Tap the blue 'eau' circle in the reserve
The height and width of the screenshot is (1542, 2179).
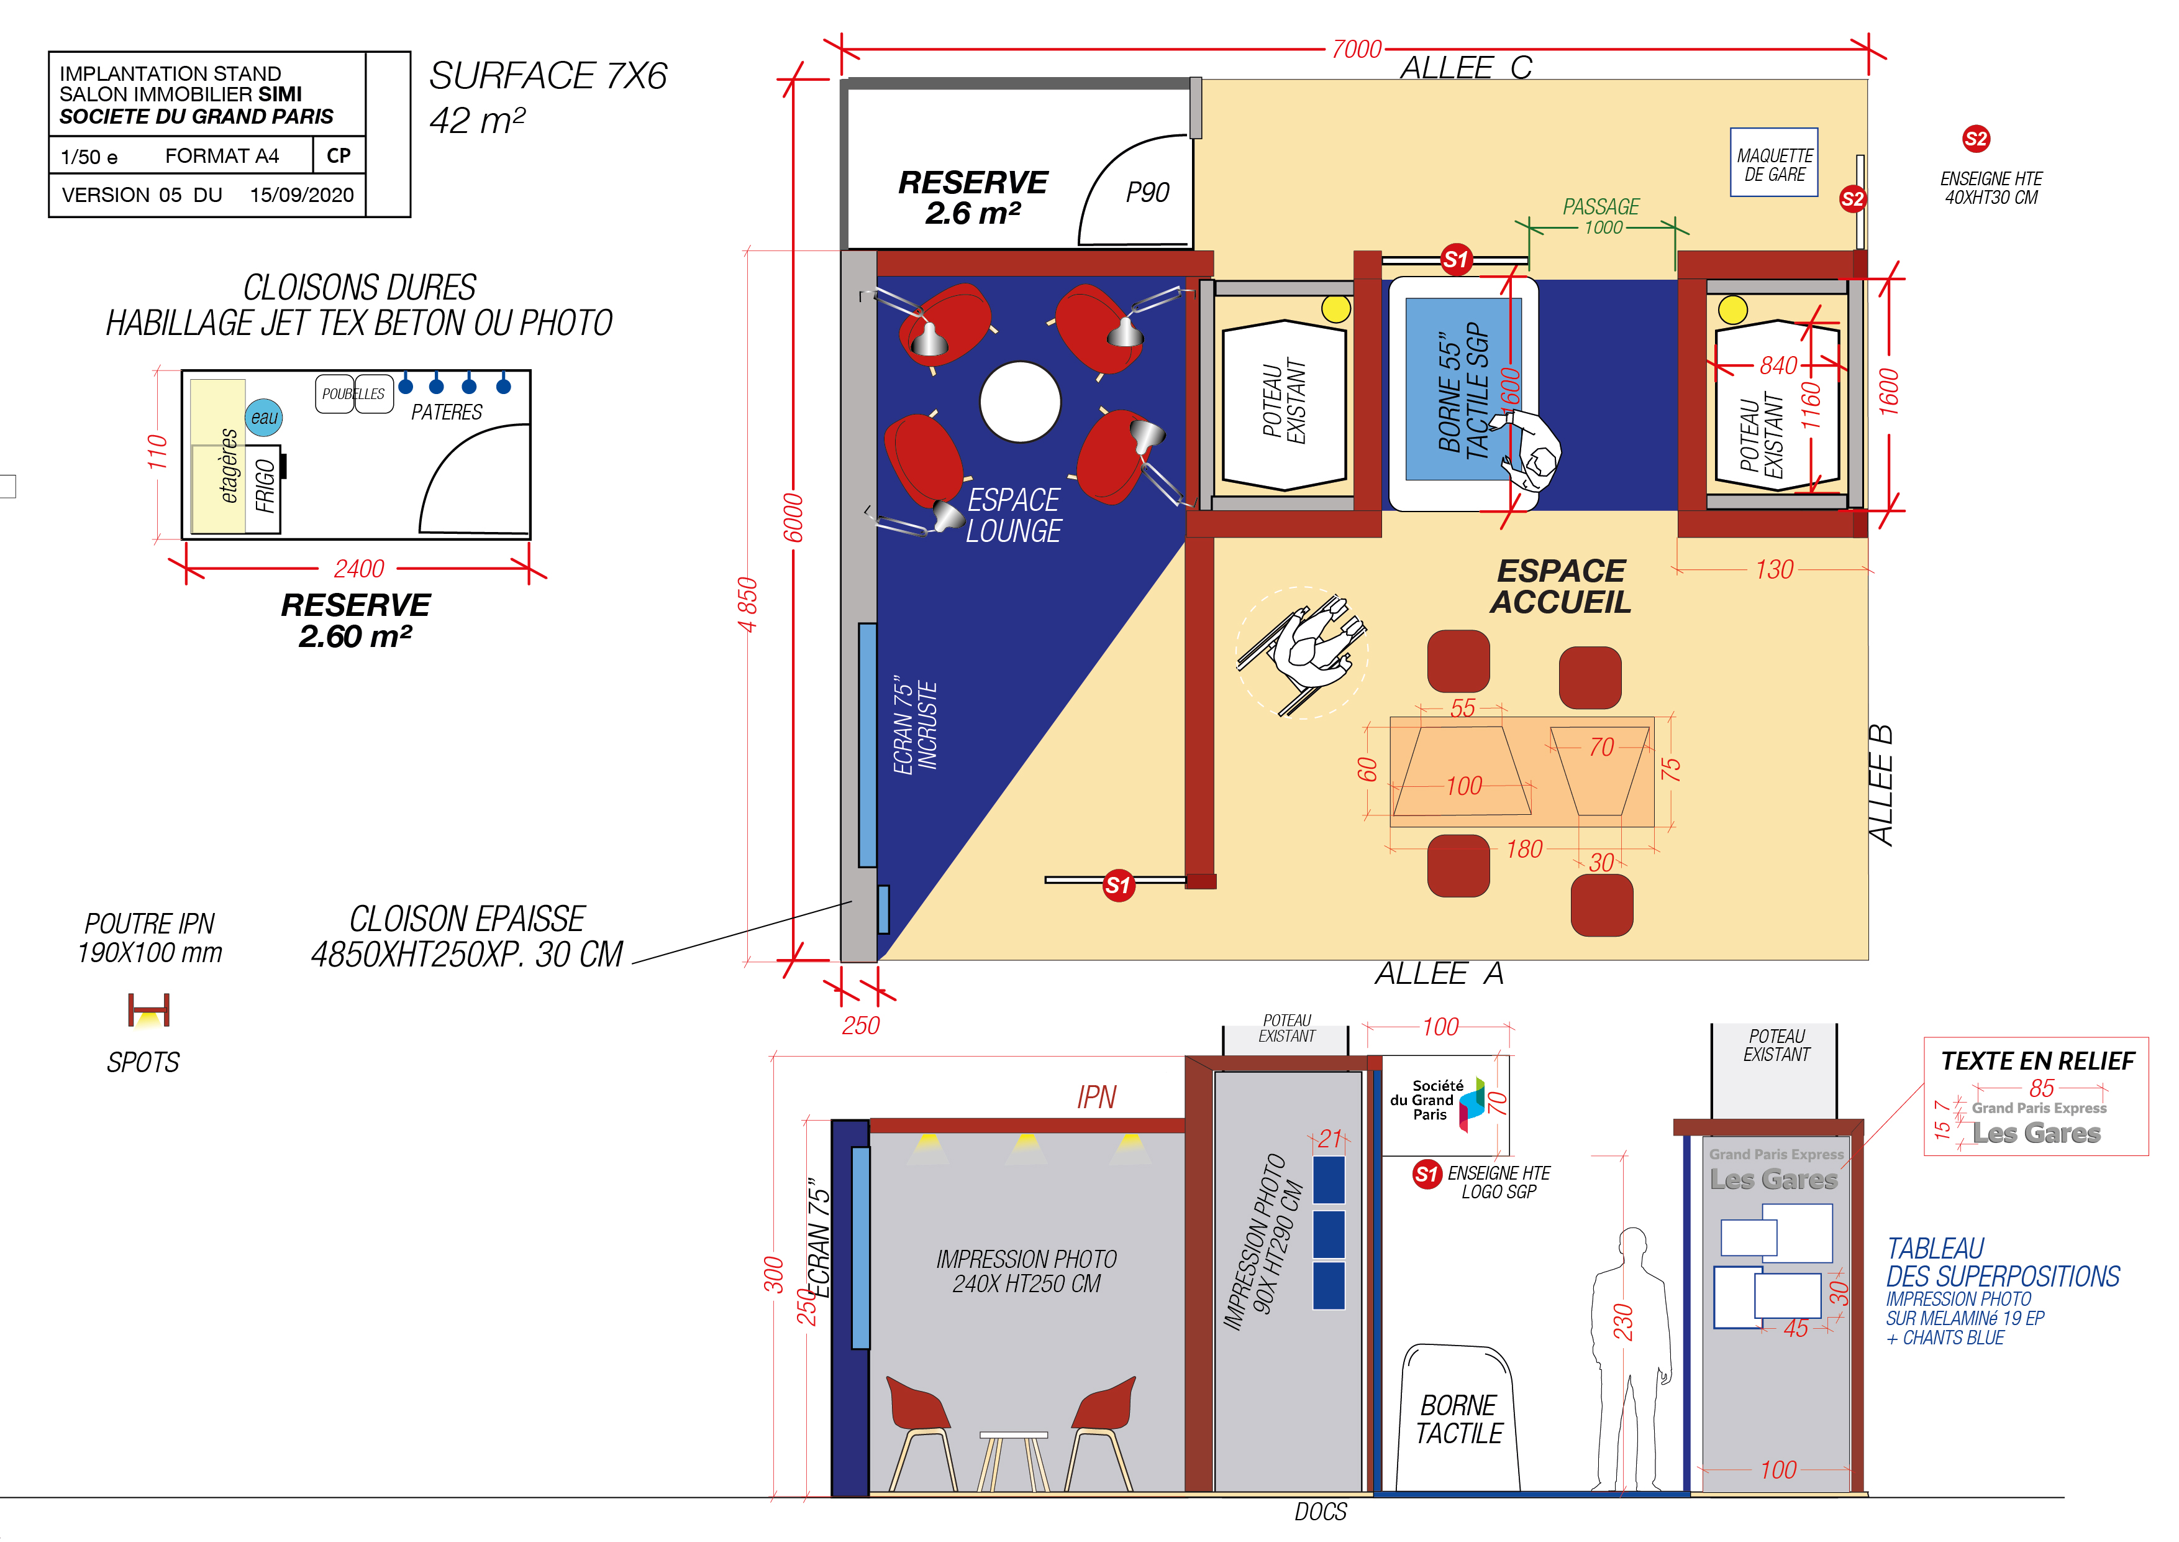pyautogui.click(x=264, y=417)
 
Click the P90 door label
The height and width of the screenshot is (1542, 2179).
pyautogui.click(x=1147, y=193)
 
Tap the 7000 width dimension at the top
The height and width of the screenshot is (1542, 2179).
pyautogui.click(x=1356, y=48)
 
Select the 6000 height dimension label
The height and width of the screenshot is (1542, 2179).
pyautogui.click(x=793, y=518)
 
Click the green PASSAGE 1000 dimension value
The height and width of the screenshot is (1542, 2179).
pyautogui.click(x=1603, y=228)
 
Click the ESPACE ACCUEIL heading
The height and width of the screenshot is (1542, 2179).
pyautogui.click(x=1560, y=586)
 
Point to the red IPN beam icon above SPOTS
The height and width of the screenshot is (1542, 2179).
pyautogui.click(x=149, y=1010)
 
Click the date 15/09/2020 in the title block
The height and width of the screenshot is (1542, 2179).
pyautogui.click(x=302, y=195)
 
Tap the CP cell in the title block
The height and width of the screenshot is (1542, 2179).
pyautogui.click(x=339, y=155)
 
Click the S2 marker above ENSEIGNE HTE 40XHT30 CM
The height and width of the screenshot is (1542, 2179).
pyautogui.click(x=1976, y=140)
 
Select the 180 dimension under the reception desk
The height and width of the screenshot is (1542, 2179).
pyautogui.click(x=1524, y=849)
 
